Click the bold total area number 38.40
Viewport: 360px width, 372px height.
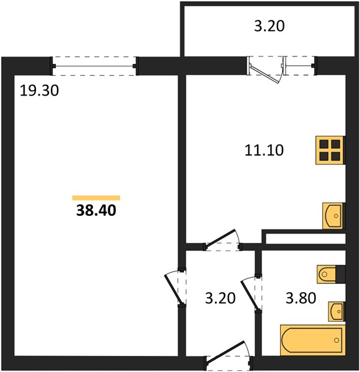(96, 210)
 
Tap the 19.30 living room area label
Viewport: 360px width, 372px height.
(39, 91)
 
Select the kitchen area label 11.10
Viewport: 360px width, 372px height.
(264, 151)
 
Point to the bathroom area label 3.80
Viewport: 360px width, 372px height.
(301, 298)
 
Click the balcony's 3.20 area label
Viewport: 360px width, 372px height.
(269, 26)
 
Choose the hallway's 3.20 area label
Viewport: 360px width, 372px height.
(220, 298)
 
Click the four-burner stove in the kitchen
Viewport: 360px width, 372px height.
(330, 150)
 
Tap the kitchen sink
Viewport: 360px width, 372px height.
(333, 216)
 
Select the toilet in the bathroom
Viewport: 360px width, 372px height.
(327, 274)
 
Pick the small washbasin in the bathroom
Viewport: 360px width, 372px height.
(336, 311)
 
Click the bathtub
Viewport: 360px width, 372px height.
(312, 340)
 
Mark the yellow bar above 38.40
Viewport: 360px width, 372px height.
(96, 198)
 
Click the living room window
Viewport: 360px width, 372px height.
(94, 66)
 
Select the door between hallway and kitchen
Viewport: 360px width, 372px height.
(222, 238)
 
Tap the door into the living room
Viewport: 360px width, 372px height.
(175, 288)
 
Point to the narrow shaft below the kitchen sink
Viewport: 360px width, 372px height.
(305, 239)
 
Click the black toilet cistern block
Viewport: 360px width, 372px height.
(340, 274)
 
